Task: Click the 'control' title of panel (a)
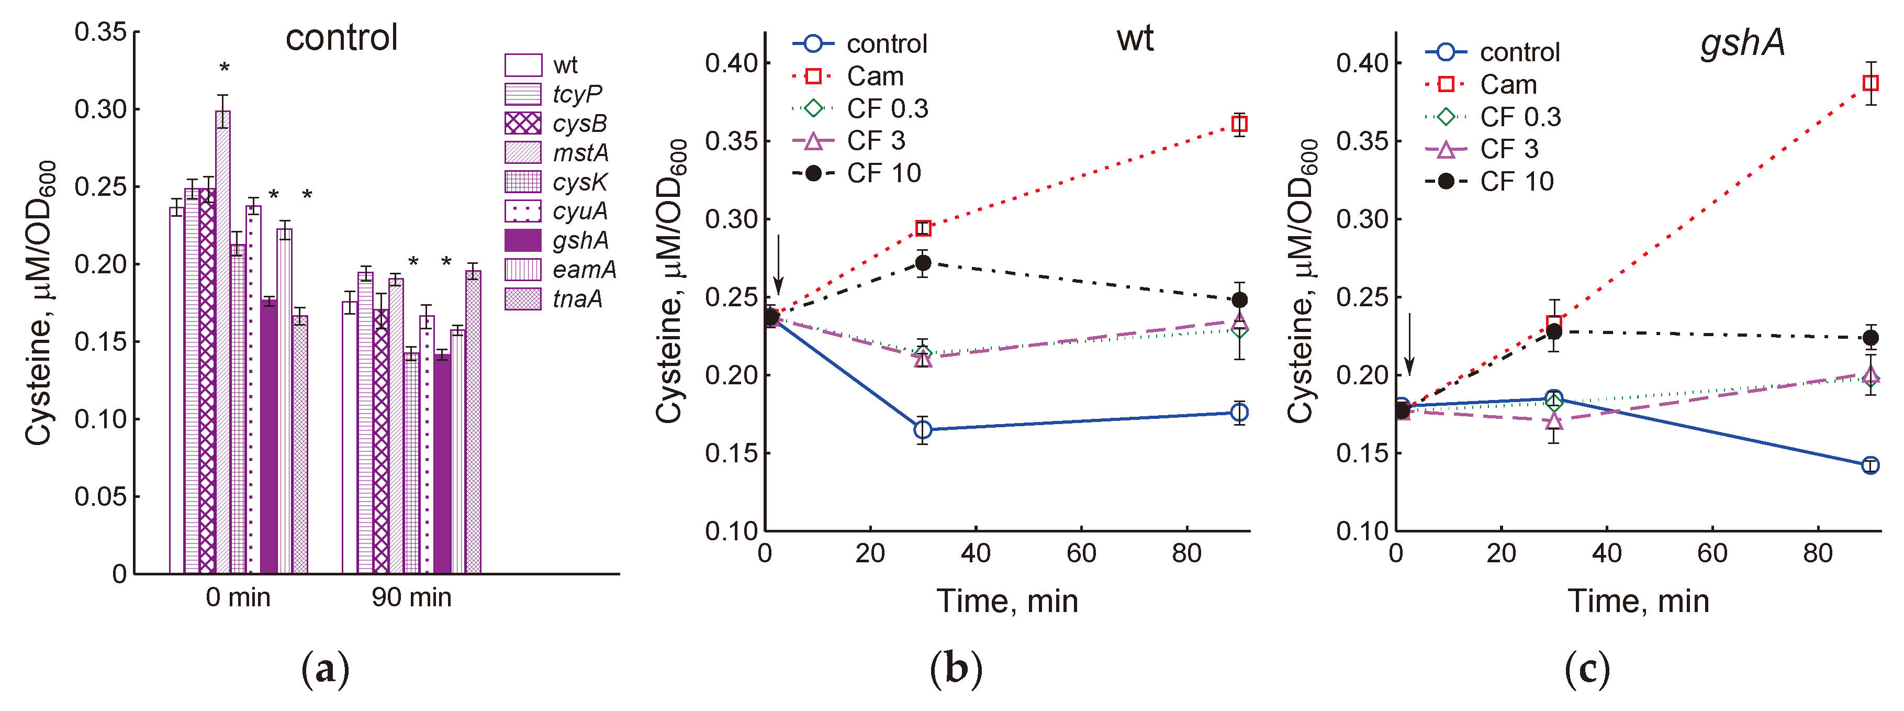(341, 38)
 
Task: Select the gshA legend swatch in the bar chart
(522, 240)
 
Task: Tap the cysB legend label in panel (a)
(579, 124)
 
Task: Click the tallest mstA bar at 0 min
(222, 340)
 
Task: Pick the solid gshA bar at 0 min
(269, 436)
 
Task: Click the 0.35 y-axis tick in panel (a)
(100, 32)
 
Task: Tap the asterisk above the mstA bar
(224, 69)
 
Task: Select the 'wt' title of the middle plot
(1135, 38)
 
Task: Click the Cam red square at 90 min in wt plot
(1239, 124)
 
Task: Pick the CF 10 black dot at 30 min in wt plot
(923, 262)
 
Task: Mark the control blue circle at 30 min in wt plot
(923, 429)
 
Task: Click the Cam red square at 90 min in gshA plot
(1870, 83)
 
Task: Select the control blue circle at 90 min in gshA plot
(1870, 465)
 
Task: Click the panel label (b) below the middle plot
(956, 669)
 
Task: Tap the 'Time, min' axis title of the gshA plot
(1638, 601)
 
